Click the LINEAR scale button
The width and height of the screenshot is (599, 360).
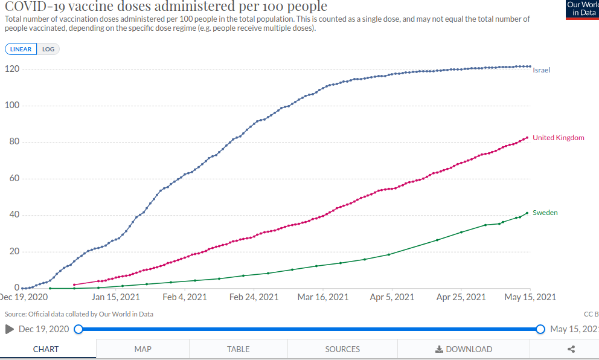click(x=21, y=50)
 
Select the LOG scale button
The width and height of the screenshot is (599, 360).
click(x=48, y=50)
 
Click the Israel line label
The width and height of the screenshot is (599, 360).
click(x=541, y=70)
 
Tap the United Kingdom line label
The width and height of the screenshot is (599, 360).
click(x=558, y=138)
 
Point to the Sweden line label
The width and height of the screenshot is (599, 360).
click(x=545, y=213)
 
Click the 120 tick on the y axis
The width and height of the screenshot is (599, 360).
click(x=13, y=69)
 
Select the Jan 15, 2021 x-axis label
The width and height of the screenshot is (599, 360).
click(x=116, y=297)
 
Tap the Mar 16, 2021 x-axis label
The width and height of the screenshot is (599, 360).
click(x=323, y=297)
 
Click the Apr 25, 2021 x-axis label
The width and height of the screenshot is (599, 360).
click(x=461, y=297)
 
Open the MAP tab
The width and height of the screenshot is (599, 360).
click(x=143, y=349)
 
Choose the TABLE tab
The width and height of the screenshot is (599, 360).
click(x=239, y=349)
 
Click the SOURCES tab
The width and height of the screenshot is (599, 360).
click(x=342, y=349)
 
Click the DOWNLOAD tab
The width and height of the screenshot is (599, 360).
click(x=463, y=349)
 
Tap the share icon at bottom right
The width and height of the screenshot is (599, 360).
click(x=571, y=349)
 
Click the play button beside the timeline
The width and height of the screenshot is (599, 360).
click(x=9, y=329)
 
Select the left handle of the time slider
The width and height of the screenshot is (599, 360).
click(x=78, y=329)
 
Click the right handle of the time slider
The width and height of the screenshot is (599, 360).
click(x=540, y=329)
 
